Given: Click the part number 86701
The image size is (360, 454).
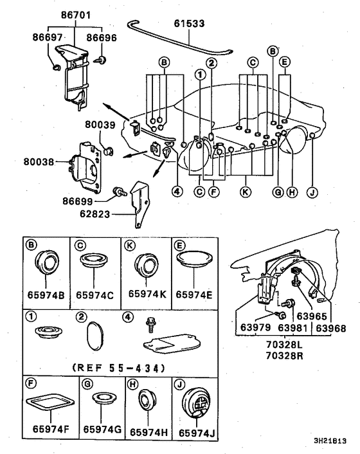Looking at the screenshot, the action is click(x=75, y=15).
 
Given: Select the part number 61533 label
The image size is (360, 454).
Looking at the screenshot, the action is click(x=189, y=23).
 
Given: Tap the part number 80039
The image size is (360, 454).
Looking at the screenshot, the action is click(x=100, y=125).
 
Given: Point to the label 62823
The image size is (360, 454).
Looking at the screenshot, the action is click(x=95, y=214).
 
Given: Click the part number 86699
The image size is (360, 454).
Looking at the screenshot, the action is click(x=78, y=201).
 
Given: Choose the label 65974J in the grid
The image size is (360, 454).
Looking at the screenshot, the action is click(x=197, y=433).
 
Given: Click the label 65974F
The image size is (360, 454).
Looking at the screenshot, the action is click(x=51, y=429).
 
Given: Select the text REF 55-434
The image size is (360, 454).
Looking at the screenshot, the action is click(x=119, y=368).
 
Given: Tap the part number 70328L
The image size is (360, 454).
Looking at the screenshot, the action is click(x=285, y=345).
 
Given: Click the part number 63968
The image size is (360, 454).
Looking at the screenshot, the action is click(x=331, y=329).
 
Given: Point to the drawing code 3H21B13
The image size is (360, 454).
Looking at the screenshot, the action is click(x=330, y=441).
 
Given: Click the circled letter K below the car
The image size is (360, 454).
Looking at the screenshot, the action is click(x=246, y=192).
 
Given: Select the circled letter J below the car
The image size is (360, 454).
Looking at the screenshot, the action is click(x=312, y=192).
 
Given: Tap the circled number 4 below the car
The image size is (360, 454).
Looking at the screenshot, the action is click(x=177, y=191).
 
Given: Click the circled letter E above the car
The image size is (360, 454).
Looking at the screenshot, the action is click(x=285, y=62).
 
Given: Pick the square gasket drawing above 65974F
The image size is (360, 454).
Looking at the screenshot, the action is click(x=50, y=402).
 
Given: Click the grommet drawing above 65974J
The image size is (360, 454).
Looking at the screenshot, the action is click(x=196, y=403).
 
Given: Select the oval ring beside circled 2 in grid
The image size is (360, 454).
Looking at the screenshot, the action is click(x=94, y=336).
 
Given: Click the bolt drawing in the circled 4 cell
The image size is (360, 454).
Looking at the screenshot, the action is click(x=151, y=324).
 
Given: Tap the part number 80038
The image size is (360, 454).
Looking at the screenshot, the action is click(x=39, y=161).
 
